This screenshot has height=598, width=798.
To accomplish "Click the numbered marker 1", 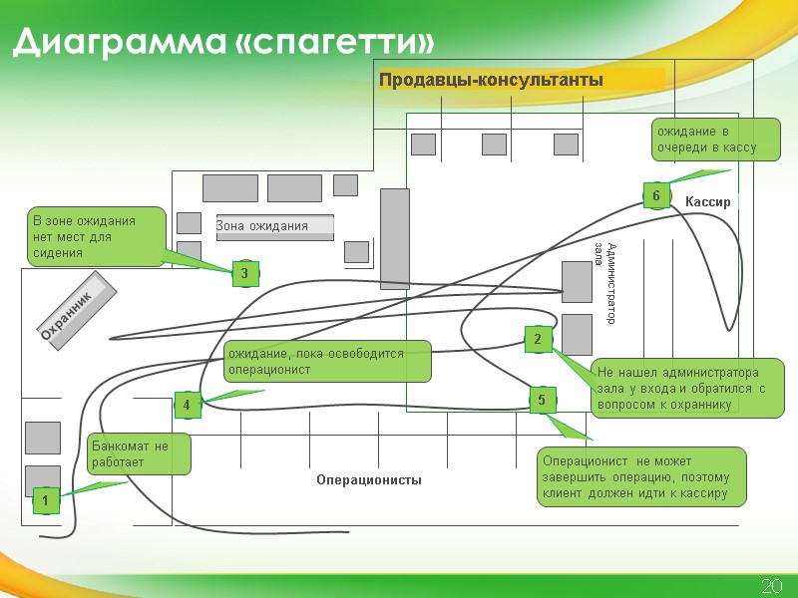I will point(45,501).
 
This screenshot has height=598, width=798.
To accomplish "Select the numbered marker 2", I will point(538,340).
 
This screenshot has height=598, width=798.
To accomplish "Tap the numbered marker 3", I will point(245,272).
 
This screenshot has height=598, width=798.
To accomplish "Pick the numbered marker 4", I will point(187,405).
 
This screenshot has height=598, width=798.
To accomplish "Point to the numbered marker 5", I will point(542,401).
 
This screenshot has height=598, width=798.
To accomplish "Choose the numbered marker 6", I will point(655,196).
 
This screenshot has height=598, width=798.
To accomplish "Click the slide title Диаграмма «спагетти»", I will point(224,43).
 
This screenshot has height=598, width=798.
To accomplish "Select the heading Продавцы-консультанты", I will point(491,80).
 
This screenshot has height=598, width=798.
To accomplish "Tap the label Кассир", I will point(708,202).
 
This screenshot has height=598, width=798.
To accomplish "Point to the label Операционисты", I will point(369,480).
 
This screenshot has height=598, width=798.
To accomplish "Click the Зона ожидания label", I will point(262,226).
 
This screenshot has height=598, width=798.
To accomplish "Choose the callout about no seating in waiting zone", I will point(95,237).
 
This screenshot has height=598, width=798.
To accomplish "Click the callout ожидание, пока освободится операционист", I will point(326,362).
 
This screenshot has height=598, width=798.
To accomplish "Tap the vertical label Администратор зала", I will point(605,283).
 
